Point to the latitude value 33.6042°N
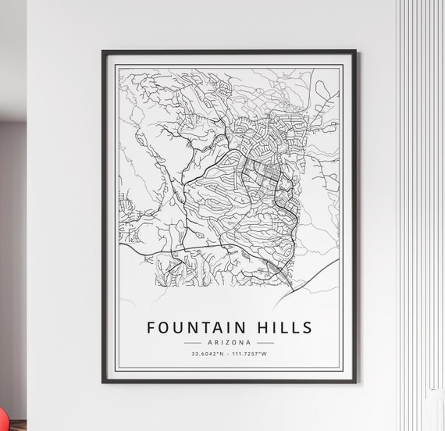[x=207, y=355]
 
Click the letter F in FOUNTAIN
[x=151, y=326]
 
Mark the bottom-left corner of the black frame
[x=103, y=383]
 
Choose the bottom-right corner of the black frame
[x=356, y=383]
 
